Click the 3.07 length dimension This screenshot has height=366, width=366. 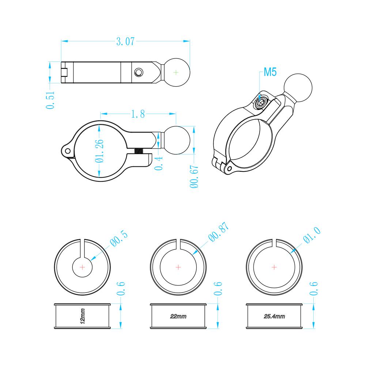125,42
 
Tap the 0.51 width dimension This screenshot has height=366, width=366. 50,100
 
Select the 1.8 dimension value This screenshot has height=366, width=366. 138,114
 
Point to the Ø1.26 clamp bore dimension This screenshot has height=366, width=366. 99,151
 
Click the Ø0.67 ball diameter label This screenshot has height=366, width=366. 194,177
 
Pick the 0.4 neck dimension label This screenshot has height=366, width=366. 159,163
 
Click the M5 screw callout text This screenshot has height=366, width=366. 270,72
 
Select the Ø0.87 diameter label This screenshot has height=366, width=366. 219,232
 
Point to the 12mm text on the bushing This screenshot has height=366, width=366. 82,316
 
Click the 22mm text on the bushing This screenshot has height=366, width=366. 178,316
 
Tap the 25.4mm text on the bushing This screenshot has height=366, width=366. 274,316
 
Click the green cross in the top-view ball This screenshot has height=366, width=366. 176,72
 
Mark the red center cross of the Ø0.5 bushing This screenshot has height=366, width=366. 82,267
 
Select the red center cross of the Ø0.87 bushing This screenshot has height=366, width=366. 178,267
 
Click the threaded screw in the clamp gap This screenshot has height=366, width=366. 139,151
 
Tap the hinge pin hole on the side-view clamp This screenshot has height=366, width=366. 67,151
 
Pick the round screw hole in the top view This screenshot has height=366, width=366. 139,72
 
